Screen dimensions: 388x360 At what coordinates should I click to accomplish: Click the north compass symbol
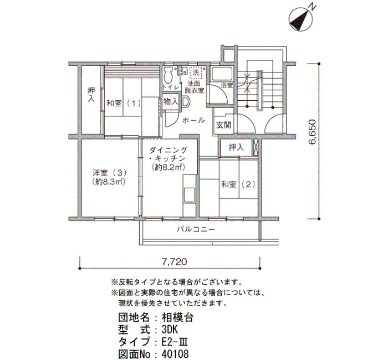tap(302, 19)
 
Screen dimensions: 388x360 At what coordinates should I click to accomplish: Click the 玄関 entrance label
tap(224, 125)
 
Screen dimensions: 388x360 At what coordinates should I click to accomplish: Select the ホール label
tap(194, 120)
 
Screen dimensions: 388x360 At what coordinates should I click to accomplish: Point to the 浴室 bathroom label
tap(227, 85)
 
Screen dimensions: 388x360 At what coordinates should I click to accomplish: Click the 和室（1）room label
tap(124, 103)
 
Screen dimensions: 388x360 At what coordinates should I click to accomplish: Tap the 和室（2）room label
tap(238, 184)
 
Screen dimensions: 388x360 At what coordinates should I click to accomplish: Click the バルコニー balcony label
tap(196, 229)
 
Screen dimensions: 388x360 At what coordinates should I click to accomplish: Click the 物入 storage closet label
tap(171, 101)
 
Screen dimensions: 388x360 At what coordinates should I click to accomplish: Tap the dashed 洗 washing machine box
tap(196, 73)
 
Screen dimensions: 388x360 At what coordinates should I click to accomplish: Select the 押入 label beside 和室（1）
tap(91, 95)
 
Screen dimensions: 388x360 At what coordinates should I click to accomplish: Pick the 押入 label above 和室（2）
tap(236, 148)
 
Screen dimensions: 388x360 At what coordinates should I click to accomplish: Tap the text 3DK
tap(170, 330)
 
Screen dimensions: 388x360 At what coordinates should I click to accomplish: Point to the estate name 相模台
tap(177, 317)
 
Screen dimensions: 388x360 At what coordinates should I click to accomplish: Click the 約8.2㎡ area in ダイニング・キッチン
tap(169, 168)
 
